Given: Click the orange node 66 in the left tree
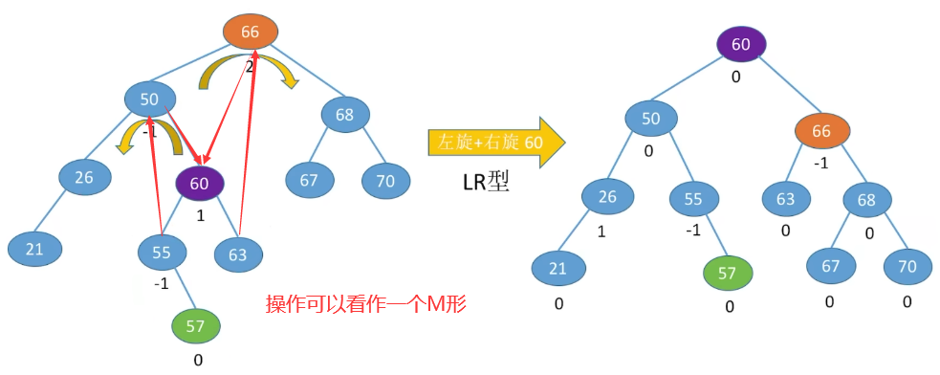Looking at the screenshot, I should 251,32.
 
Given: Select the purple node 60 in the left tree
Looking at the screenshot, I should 200,184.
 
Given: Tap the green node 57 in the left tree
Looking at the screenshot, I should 195,326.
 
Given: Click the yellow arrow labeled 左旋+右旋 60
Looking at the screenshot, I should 495,143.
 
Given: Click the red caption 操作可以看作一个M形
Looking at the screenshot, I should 366,304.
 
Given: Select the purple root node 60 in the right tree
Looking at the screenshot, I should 741,44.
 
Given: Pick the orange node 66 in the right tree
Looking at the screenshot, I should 822,131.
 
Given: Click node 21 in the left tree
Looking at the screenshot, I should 34,249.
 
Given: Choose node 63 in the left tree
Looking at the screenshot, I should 237,254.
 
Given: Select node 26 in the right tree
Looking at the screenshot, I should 607,198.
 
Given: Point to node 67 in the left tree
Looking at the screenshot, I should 312,180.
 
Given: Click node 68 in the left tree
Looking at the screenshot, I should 344,116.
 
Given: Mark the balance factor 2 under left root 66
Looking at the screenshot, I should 250,67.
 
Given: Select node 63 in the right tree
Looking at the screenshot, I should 786,199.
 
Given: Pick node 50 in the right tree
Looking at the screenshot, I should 651,119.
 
